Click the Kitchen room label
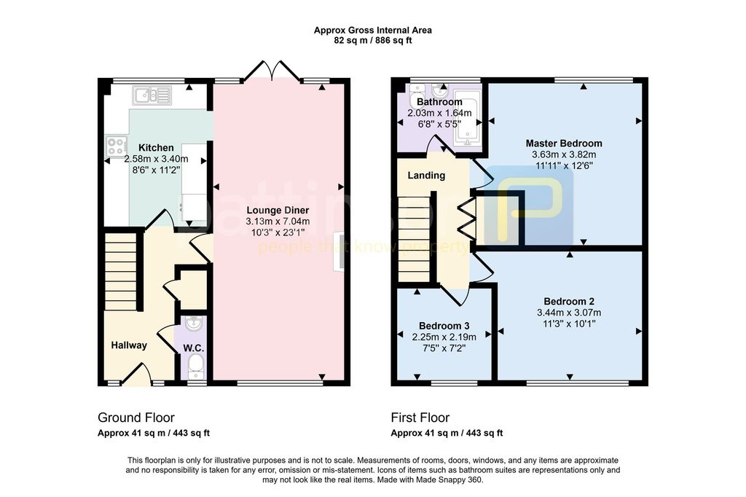pos(156,148)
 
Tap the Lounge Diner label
pos(278,210)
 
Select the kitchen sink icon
pos(152,95)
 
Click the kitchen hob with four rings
pos(117,146)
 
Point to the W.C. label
pos(194,348)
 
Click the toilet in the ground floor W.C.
pos(195,368)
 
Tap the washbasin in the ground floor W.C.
pos(194,324)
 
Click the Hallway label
pos(129,345)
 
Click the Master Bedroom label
pos(564,144)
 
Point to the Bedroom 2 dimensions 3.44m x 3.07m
pos(569,313)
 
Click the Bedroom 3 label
pos(444,326)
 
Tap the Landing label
pos(426,175)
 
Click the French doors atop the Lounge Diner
pos(273,69)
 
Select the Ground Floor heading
pos(136,418)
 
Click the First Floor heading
pos(420,418)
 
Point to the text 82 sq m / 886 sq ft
pos(373,41)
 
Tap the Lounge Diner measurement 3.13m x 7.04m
pos(278,222)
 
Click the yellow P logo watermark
pos(529,206)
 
